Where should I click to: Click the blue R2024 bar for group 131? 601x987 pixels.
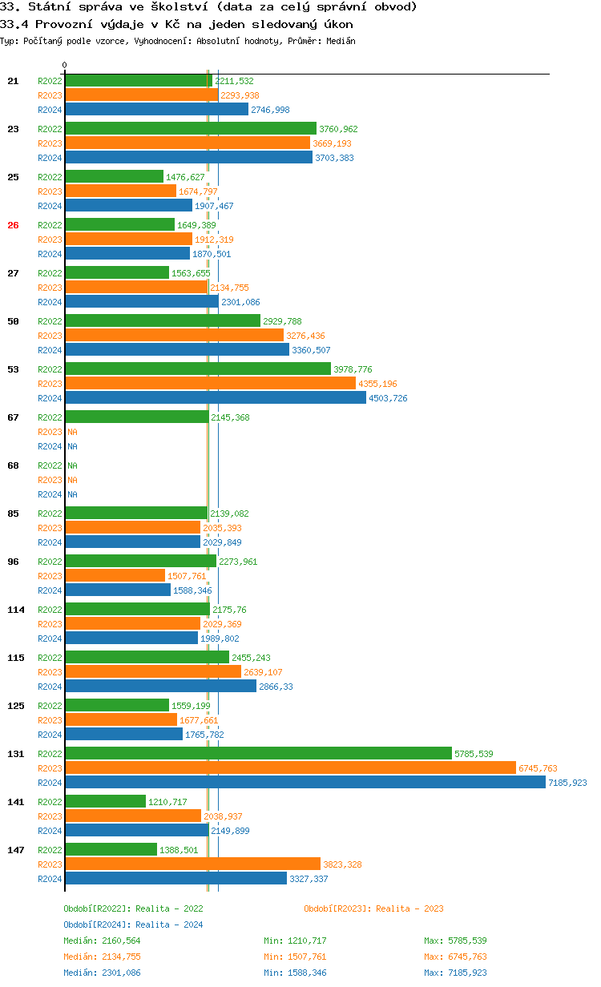[305, 783]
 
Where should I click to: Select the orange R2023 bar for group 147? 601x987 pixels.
[192, 864]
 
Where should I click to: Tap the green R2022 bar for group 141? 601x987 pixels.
[105, 802]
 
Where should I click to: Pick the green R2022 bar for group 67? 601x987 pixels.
[136, 417]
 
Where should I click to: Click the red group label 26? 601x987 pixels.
[13, 225]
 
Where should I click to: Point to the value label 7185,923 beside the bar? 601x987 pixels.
[567, 783]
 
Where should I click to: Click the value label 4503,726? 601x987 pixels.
[388, 398]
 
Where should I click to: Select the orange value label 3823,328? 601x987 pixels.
[342, 864]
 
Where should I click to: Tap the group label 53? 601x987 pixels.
[13, 369]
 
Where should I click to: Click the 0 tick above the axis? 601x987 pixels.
[65, 65]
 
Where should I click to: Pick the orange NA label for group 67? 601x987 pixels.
[72, 432]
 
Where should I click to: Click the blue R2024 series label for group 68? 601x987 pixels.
[50, 494]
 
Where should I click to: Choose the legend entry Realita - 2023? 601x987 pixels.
[373, 908]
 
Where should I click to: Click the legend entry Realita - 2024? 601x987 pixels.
[133, 925]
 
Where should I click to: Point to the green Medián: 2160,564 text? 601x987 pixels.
[102, 941]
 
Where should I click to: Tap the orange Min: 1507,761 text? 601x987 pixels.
[295, 957]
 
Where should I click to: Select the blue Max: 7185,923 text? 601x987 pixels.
[455, 973]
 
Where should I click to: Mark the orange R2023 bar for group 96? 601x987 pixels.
[115, 576]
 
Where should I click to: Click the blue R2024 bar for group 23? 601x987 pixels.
[188, 158]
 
